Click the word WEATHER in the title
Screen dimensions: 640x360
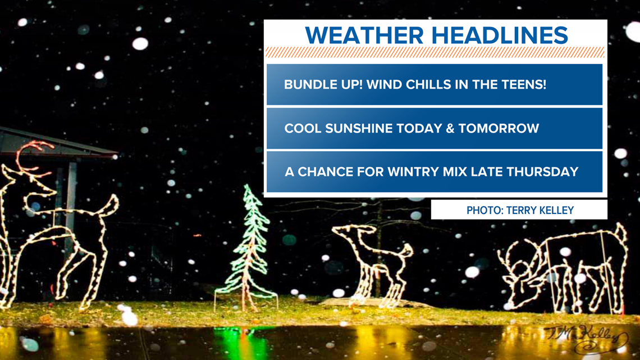click(364, 35)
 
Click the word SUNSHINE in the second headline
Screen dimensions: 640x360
click(359, 128)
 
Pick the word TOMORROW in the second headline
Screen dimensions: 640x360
click(499, 128)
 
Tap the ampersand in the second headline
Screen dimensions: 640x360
click(450, 128)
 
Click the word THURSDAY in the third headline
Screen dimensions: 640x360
click(542, 171)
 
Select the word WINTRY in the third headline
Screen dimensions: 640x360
click(412, 171)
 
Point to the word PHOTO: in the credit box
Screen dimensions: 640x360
click(485, 210)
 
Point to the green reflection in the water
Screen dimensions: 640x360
click(241, 342)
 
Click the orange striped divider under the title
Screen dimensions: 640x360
click(435, 52)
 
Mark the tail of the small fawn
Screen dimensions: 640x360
click(406, 250)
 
